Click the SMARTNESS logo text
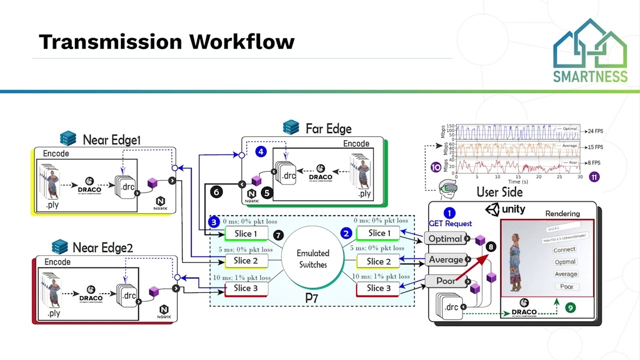(x=590, y=76)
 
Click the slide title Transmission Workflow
(x=166, y=41)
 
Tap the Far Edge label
(x=328, y=128)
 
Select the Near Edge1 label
(x=111, y=139)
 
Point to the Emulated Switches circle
(x=312, y=259)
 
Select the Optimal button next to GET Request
(x=445, y=238)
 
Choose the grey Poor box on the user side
(x=445, y=281)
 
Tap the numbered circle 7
(x=278, y=234)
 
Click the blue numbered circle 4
(x=260, y=151)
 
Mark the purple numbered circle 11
(x=594, y=176)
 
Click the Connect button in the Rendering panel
(x=564, y=249)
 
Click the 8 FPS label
(x=593, y=163)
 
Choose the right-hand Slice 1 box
(x=377, y=233)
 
